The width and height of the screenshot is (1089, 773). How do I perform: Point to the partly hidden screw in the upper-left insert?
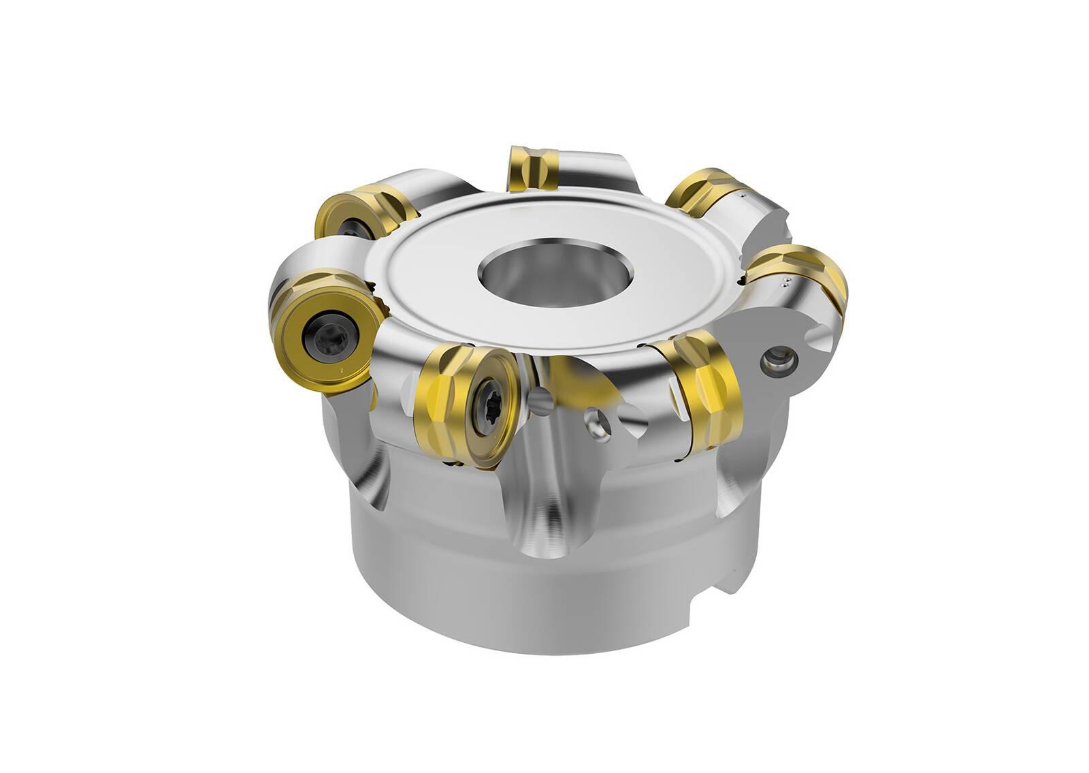354,227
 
